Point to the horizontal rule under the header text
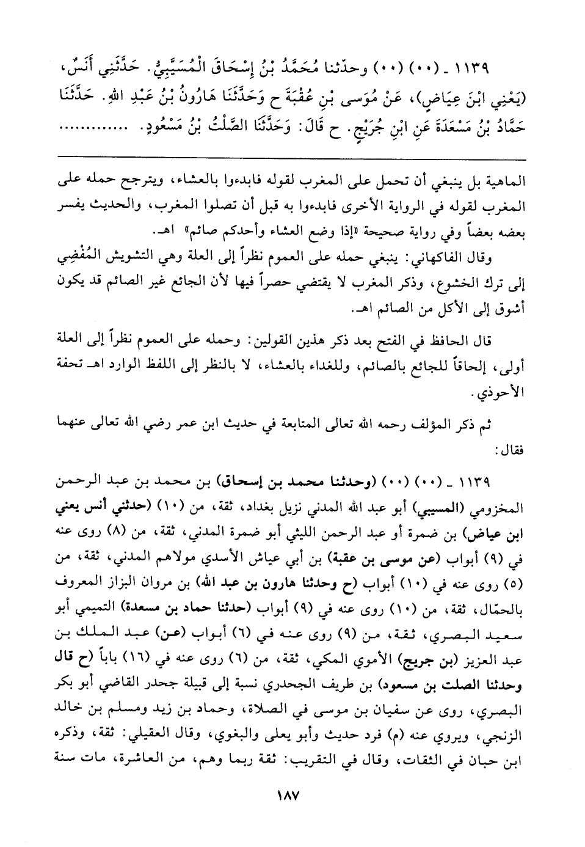(x=292, y=158)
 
